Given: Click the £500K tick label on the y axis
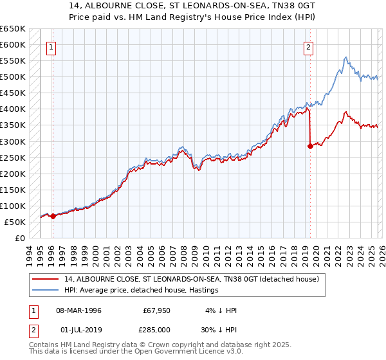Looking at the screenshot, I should (13, 77).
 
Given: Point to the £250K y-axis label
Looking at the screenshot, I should (13, 157).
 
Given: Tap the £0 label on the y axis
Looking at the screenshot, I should (20, 238).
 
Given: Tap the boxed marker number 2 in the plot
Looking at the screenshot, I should (309, 46).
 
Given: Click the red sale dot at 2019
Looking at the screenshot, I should (310, 146).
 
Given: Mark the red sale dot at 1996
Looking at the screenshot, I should (53, 216).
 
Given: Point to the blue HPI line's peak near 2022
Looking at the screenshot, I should (346, 57).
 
